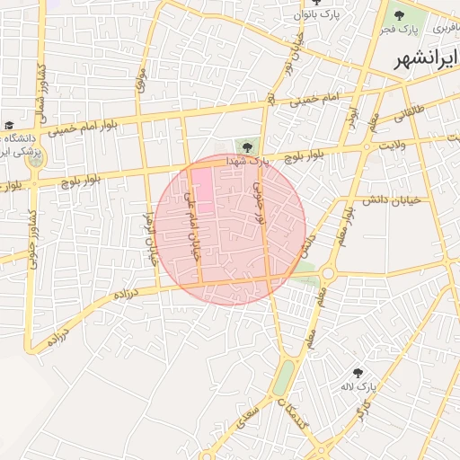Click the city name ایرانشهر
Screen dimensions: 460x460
coord(426,61)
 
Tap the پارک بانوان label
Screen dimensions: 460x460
coord(318,15)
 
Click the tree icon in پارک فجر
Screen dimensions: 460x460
coord(396,15)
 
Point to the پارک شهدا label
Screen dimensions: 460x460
coord(248,160)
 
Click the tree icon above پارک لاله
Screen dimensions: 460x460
coord(358,372)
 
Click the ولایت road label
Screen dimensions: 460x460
coord(393,144)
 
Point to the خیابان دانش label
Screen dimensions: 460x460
coord(376,200)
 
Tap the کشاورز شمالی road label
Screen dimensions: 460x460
coord(39,90)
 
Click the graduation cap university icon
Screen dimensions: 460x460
coord(9,125)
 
